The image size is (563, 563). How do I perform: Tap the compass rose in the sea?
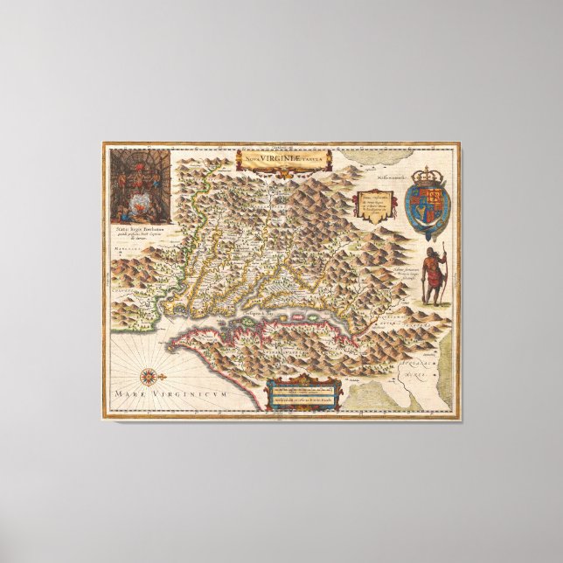pos(149,377)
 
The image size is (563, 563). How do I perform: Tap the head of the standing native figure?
pos(432,253)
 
